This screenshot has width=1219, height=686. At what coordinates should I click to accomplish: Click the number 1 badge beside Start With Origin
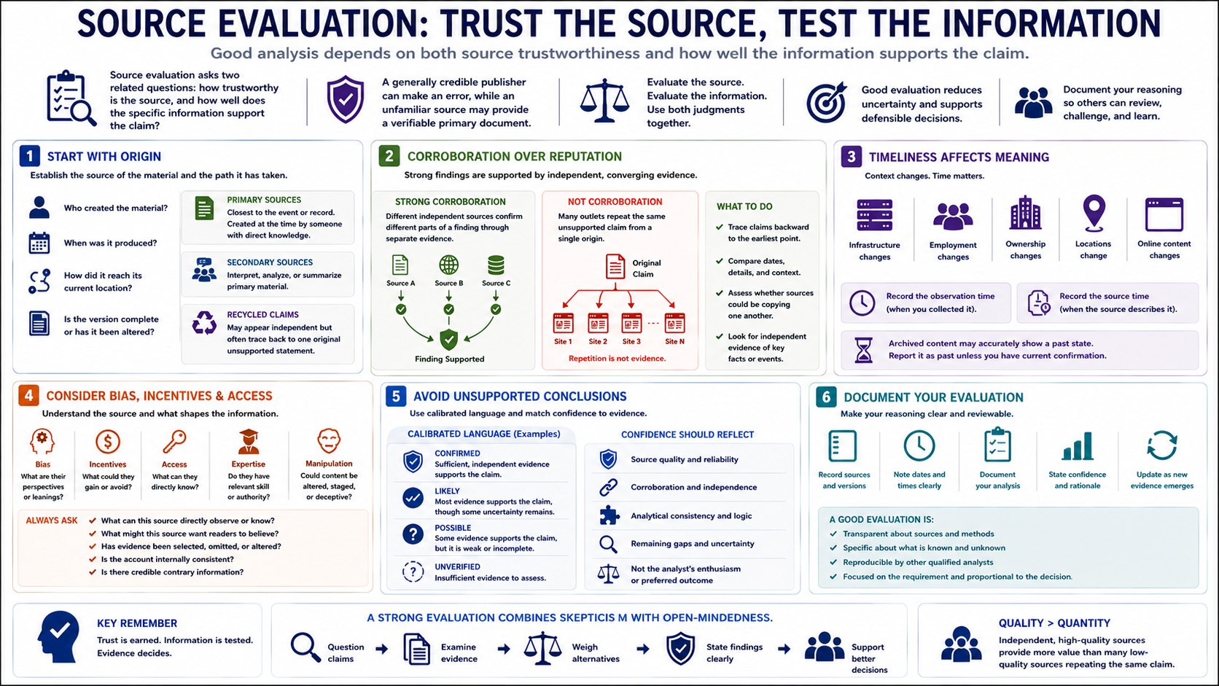tap(29, 156)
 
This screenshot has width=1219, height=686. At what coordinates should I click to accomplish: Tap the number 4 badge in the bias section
tap(28, 396)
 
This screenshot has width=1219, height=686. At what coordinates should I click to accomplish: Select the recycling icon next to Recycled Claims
tap(205, 322)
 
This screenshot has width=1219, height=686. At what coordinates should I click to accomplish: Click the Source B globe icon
tap(448, 265)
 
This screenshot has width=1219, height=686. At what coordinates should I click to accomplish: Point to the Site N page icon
tap(674, 323)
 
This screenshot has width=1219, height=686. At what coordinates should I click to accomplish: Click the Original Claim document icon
tap(615, 267)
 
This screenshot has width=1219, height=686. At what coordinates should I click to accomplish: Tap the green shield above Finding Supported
tap(448, 340)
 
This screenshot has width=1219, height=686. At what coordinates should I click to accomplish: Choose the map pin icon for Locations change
tap(1094, 213)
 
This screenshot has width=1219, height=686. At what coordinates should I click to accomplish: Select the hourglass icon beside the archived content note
tap(863, 350)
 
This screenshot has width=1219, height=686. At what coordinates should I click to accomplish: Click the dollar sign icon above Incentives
tap(108, 442)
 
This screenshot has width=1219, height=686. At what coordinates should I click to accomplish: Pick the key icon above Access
tap(174, 442)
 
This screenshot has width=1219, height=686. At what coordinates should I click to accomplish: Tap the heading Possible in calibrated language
tap(453, 528)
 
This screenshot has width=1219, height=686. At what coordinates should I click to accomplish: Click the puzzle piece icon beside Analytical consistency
tap(609, 515)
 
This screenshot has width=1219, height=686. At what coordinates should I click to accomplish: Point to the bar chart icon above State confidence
tap(1077, 446)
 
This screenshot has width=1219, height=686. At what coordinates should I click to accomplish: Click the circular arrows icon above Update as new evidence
tap(1162, 445)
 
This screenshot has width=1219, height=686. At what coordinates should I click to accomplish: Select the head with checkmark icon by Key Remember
tap(58, 637)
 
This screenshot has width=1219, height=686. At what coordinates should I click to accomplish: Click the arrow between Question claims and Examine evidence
tap(382, 649)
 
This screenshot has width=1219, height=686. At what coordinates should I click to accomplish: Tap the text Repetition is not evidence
tap(617, 359)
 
